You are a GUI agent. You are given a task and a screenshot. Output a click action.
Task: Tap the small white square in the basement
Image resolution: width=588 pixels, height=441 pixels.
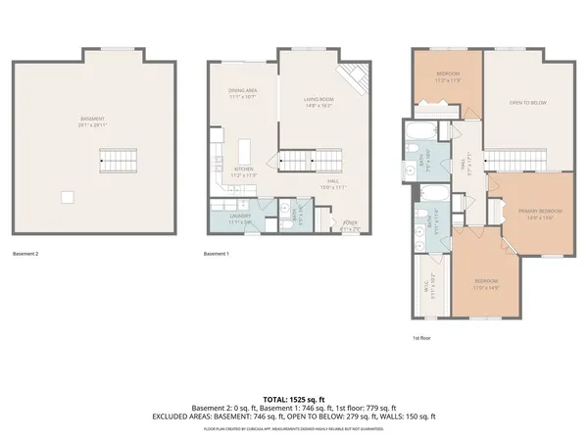click(x=67, y=197)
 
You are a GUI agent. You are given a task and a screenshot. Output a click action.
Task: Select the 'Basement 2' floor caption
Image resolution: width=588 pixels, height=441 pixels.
click(x=26, y=254)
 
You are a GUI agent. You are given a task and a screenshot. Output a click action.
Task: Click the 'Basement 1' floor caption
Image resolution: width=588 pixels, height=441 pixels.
click(x=216, y=254)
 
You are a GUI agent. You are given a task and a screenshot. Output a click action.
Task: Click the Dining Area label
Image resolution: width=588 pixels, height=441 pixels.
click(x=242, y=93)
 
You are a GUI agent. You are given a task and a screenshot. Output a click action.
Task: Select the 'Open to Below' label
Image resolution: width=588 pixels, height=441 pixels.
click(x=527, y=102)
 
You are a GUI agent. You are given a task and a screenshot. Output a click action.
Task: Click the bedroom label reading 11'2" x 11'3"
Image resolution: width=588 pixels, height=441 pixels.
click(x=447, y=77)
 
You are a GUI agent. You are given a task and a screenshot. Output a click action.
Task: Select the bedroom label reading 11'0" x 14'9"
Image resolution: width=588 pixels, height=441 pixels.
click(x=487, y=286)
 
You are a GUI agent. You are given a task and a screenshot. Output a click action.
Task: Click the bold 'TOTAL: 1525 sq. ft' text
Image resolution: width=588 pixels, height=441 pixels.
click(x=294, y=399)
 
